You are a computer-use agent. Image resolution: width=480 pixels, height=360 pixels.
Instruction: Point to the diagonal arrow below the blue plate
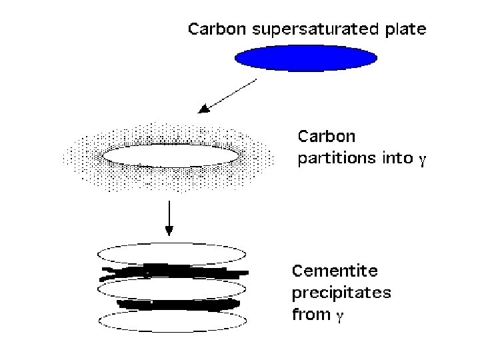coord(229,95)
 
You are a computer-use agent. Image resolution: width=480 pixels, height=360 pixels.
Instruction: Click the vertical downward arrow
coord(169,213)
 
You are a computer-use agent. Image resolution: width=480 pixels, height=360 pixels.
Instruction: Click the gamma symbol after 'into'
coord(421,161)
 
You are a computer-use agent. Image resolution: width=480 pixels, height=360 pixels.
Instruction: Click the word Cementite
coord(335,271)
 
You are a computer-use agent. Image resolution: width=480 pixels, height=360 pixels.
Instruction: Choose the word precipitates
coord(341,293)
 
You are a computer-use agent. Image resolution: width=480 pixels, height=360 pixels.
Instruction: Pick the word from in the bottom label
coord(311,314)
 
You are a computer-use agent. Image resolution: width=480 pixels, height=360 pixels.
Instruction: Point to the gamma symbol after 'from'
coord(341,316)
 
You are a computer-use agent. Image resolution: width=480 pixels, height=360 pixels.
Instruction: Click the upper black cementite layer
coord(173,271)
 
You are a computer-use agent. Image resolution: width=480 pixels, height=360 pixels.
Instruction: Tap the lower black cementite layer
coord(177,304)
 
